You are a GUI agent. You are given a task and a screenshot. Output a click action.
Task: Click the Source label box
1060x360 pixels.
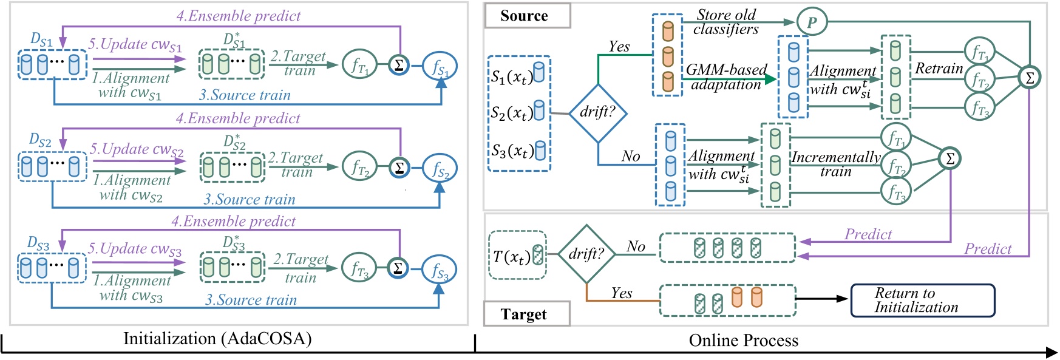pyautogui.click(x=527, y=16)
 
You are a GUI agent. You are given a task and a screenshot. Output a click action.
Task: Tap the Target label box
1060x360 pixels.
pyautogui.click(x=526, y=314)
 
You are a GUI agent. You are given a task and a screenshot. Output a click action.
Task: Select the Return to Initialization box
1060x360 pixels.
pyautogui.click(x=922, y=301)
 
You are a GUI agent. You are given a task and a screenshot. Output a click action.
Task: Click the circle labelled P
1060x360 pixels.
pyautogui.click(x=812, y=23)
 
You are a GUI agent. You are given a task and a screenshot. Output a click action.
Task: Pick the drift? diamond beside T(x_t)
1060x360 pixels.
pyautogui.click(x=586, y=254)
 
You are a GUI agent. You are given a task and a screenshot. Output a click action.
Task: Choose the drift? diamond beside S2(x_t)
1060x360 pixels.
pyautogui.click(x=598, y=112)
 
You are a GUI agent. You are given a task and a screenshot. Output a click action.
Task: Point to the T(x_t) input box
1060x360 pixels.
pyautogui.click(x=517, y=256)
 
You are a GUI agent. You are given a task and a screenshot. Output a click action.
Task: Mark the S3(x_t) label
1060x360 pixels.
pyautogui.click(x=512, y=151)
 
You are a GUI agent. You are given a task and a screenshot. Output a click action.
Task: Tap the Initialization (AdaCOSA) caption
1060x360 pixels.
pyautogui.click(x=217, y=338)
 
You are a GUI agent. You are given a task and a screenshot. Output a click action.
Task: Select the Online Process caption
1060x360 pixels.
pyautogui.click(x=743, y=341)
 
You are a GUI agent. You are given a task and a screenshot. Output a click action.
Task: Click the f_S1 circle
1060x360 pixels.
pyautogui.click(x=440, y=67)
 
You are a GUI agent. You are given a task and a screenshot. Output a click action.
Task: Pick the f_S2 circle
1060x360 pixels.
pyautogui.click(x=440, y=169)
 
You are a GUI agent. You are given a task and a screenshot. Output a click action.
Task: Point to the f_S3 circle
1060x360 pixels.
pyautogui.click(x=439, y=270)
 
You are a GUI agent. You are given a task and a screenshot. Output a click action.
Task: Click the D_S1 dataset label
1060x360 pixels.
pyautogui.click(x=41, y=39)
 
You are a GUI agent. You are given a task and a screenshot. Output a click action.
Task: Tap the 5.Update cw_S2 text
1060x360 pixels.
pyautogui.click(x=137, y=149)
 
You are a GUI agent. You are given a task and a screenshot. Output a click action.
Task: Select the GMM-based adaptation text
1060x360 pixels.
pyautogui.click(x=726, y=77)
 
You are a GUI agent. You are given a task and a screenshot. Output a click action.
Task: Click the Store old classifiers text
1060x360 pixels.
pyautogui.click(x=726, y=22)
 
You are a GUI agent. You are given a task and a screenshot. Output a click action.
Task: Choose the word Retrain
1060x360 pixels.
pyautogui.click(x=939, y=69)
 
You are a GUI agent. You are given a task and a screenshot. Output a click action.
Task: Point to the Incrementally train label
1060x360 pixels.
pyautogui.click(x=836, y=164)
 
